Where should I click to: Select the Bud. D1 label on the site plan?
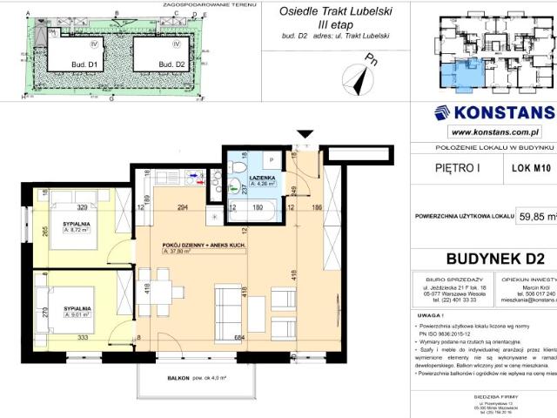click(x=72, y=64)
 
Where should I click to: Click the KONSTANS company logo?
click(x=494, y=112)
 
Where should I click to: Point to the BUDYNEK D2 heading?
click(x=494, y=257)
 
